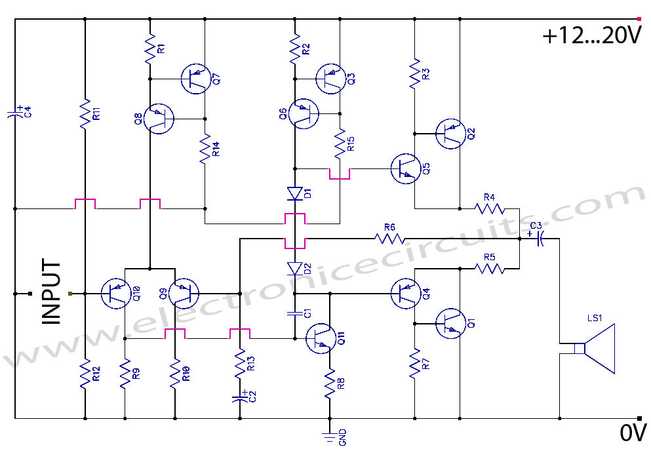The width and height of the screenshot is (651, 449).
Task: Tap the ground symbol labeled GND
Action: (x=328, y=433)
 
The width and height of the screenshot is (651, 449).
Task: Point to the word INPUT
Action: (x=51, y=293)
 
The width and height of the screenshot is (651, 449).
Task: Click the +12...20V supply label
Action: (x=591, y=37)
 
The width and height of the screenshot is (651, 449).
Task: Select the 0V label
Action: (x=633, y=433)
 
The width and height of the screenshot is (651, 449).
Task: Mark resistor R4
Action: (x=489, y=208)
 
